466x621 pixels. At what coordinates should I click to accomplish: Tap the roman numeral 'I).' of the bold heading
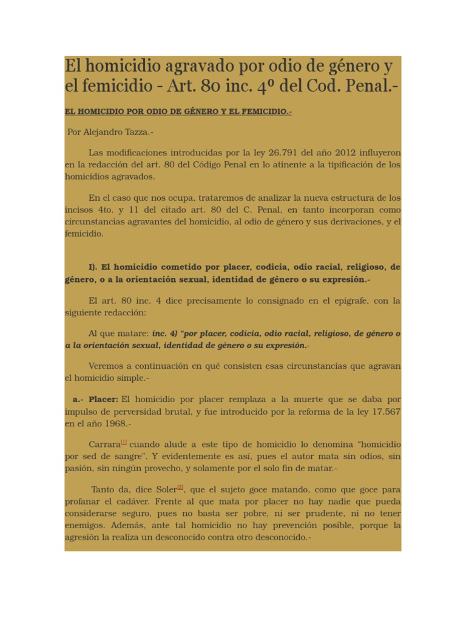[x=93, y=267]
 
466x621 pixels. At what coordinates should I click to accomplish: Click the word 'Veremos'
[x=107, y=366]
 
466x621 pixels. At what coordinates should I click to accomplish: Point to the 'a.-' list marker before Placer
[x=78, y=400]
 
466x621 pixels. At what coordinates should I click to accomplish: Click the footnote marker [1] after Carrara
[x=123, y=442]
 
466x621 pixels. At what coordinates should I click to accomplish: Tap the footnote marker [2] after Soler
[x=180, y=487]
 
